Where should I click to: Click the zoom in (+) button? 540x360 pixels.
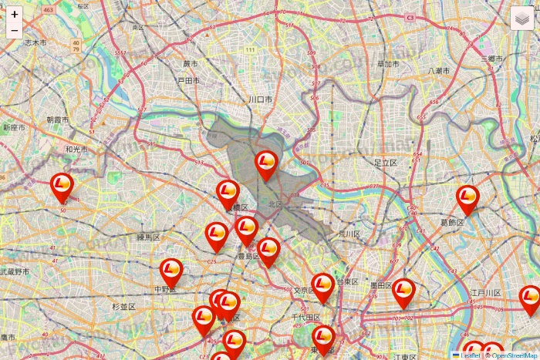[x=15, y=14]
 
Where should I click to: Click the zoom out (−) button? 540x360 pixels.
[x=15, y=30]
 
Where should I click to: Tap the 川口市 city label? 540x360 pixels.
[x=261, y=100]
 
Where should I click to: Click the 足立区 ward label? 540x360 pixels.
[x=385, y=163]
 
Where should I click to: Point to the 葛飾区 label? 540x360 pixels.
[x=452, y=224]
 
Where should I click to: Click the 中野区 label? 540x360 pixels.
[x=166, y=290]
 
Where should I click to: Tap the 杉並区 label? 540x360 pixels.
[x=123, y=307]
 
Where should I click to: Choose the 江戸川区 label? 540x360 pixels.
[x=486, y=293]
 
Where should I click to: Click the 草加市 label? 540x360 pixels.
[x=387, y=65]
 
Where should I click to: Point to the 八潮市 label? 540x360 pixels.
[x=440, y=71]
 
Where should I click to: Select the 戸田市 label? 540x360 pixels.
[x=188, y=80]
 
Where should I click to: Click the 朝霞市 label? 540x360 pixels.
[x=57, y=120]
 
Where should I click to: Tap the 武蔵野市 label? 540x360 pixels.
[x=15, y=271]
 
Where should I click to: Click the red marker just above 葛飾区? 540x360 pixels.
[x=467, y=199]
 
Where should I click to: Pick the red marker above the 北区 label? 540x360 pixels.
[x=266, y=163]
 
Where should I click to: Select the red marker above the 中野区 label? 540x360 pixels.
[x=171, y=271]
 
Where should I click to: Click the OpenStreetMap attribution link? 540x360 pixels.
[x=515, y=355]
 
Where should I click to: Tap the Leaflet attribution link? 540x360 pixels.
[x=470, y=355]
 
